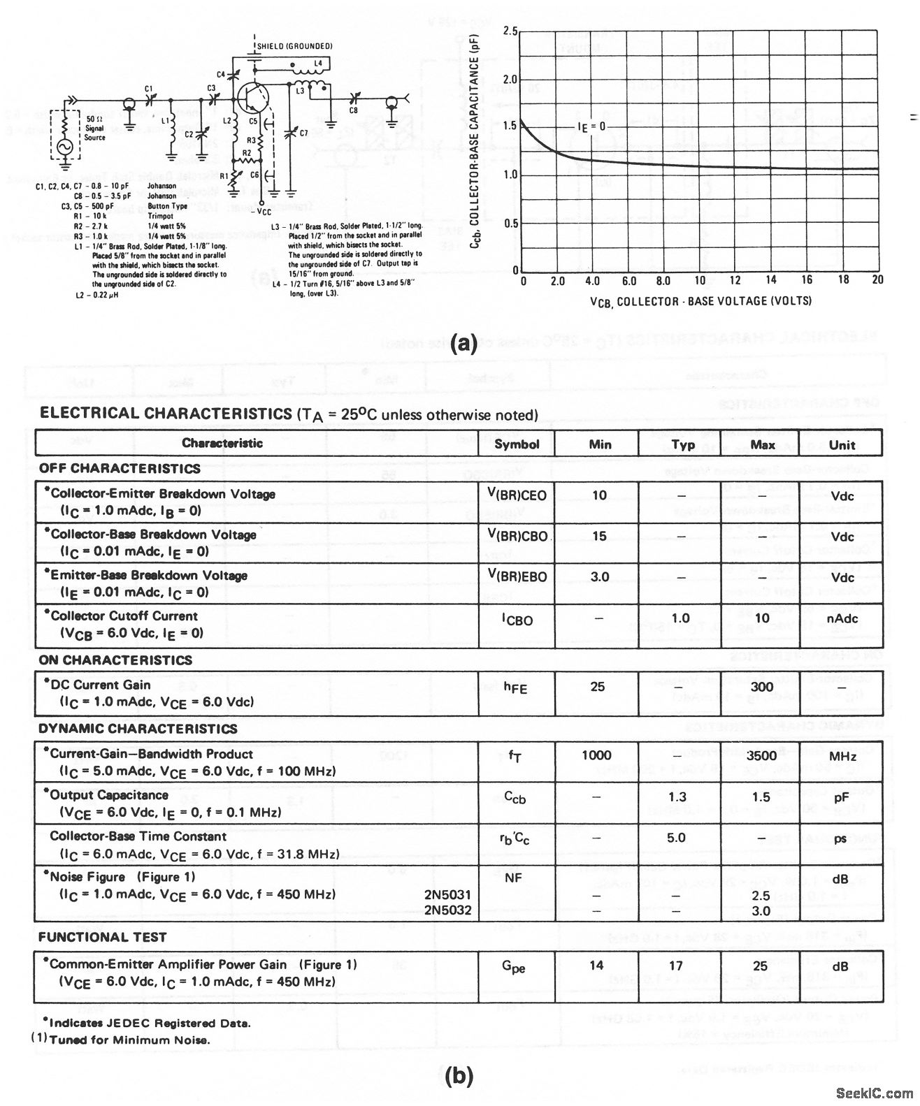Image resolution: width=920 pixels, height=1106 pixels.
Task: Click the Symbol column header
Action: point(517,444)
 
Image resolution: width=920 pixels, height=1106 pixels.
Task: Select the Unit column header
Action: point(842,444)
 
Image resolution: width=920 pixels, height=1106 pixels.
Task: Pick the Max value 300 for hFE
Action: point(761,687)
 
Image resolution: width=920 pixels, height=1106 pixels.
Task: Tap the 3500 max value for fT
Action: point(761,755)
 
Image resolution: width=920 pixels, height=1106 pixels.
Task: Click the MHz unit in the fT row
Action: point(842,756)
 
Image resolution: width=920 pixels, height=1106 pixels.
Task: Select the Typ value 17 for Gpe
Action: point(675,966)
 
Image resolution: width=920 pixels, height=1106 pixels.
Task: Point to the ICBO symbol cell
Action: point(517,619)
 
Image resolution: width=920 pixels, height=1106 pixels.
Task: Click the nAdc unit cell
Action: point(843,619)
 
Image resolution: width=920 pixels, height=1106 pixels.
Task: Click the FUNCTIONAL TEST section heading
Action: point(102,937)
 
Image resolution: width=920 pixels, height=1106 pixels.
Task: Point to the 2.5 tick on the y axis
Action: point(510,32)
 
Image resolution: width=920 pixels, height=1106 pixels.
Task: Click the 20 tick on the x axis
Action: point(877,280)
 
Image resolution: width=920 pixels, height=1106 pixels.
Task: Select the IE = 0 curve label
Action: point(591,126)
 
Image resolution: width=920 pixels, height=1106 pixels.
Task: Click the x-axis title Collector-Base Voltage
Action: point(700,301)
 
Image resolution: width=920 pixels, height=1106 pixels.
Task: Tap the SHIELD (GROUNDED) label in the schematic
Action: point(294,46)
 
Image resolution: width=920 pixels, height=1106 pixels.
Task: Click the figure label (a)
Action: point(464,343)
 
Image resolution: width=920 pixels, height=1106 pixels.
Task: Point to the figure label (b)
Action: point(459,1077)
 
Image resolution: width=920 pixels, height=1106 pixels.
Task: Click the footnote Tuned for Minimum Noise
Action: point(129,1040)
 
